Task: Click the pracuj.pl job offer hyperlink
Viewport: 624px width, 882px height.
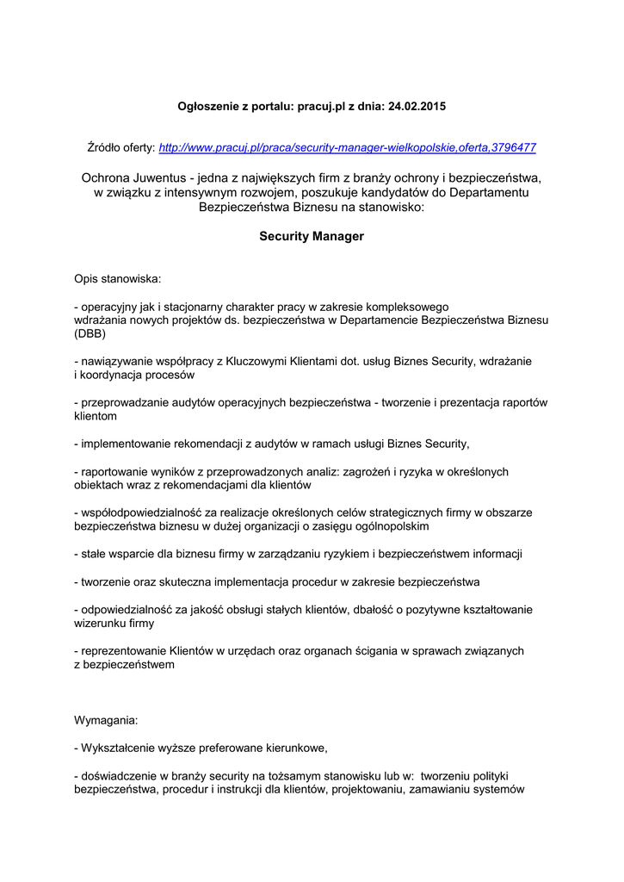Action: tap(347, 148)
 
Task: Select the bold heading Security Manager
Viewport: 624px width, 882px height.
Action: tap(312, 236)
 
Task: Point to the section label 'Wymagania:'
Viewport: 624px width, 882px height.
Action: tap(106, 718)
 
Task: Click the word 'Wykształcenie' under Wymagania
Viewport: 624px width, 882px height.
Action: tap(121, 747)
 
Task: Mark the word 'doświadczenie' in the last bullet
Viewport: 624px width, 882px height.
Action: tap(117, 774)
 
